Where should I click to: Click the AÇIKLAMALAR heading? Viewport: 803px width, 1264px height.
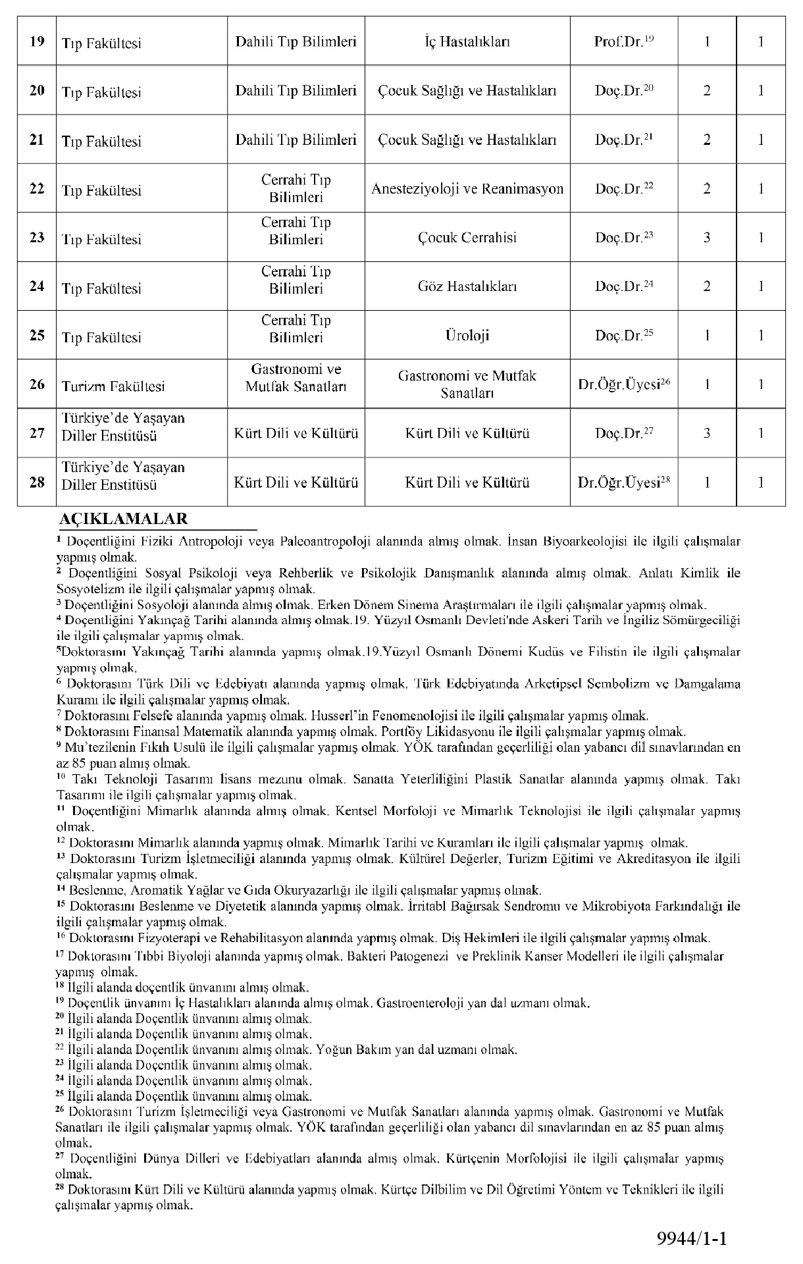(124, 519)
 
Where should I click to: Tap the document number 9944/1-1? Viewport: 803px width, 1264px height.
(692, 1239)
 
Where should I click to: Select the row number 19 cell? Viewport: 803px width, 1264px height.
(37, 41)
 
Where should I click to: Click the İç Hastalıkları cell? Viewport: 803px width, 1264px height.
(467, 42)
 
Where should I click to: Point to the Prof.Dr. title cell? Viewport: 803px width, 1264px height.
(623, 41)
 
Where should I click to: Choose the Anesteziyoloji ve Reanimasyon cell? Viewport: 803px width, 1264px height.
(467, 189)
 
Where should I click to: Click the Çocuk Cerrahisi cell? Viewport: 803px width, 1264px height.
(467, 238)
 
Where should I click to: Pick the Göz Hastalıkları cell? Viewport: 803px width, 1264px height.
(467, 286)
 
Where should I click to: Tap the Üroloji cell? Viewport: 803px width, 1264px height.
(467, 335)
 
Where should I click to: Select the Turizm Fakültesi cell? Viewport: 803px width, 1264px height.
(113, 386)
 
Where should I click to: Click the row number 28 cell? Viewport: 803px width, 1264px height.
(37, 482)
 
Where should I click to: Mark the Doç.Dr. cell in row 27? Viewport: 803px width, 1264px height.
(623, 433)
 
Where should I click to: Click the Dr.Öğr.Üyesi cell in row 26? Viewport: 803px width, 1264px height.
(623, 384)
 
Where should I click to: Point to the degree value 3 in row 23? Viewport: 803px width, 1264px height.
(707, 238)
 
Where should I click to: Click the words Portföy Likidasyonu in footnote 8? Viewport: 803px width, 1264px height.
(438, 731)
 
